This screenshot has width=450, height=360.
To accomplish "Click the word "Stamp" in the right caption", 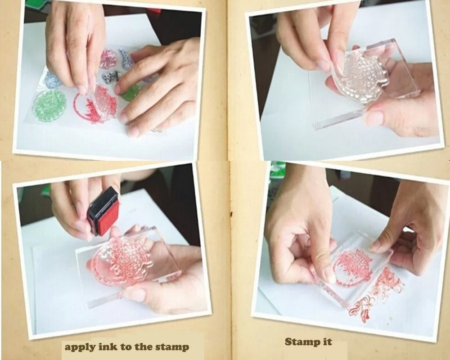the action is [x=301, y=342].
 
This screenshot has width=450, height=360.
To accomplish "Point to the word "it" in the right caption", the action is [x=327, y=342].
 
